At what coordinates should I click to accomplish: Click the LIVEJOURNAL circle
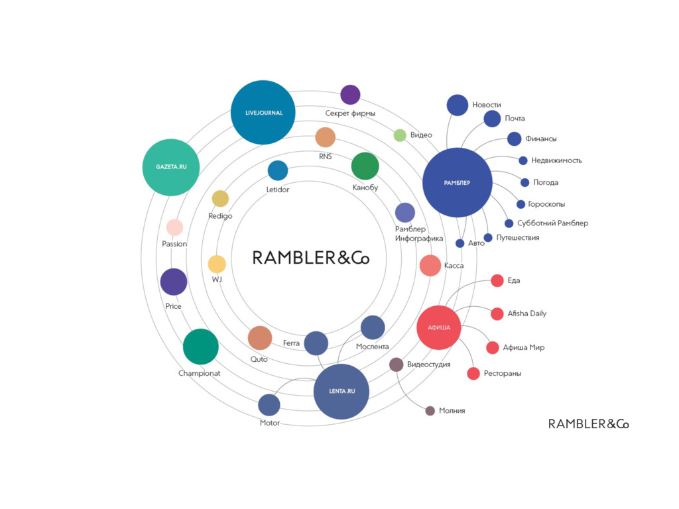pyautogui.click(x=263, y=113)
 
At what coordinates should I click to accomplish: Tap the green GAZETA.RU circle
pyautogui.click(x=172, y=167)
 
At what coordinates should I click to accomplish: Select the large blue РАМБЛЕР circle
pyautogui.click(x=458, y=182)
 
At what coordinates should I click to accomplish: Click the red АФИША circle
pyautogui.click(x=438, y=327)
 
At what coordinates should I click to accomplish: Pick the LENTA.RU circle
pyautogui.click(x=341, y=391)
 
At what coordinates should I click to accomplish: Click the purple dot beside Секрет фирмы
pyautogui.click(x=350, y=95)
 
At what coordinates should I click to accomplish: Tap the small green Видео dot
pyautogui.click(x=400, y=135)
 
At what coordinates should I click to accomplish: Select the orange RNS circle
pyautogui.click(x=325, y=137)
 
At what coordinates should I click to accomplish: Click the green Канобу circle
pyautogui.click(x=365, y=166)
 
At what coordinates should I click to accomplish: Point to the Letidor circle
pyautogui.click(x=278, y=170)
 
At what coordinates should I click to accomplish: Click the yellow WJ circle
pyautogui.click(x=217, y=264)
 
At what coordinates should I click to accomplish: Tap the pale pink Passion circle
pyautogui.click(x=174, y=227)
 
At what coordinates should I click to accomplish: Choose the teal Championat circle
pyautogui.click(x=200, y=347)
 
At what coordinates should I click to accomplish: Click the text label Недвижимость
pyautogui.click(x=556, y=160)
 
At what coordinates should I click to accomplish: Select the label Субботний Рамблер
pyautogui.click(x=552, y=223)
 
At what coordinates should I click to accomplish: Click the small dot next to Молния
pyautogui.click(x=430, y=411)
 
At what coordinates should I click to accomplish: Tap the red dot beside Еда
pyautogui.click(x=497, y=280)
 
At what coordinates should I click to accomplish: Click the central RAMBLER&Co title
pyautogui.click(x=311, y=258)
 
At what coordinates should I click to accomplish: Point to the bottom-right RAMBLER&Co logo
pyautogui.click(x=588, y=424)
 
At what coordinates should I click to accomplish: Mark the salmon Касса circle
pyautogui.click(x=430, y=265)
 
